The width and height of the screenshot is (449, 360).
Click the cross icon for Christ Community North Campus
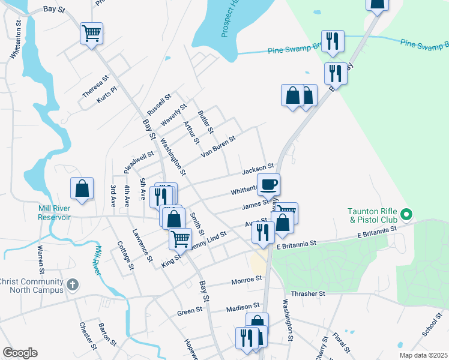(72, 285)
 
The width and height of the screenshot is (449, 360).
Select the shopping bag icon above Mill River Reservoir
(82, 188)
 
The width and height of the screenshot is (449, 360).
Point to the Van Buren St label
(218, 144)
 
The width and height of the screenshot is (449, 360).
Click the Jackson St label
(258, 169)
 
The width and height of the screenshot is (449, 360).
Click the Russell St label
(159, 104)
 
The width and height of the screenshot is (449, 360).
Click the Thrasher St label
(307, 293)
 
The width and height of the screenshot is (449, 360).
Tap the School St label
(432, 324)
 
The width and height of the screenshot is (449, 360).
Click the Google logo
(20, 353)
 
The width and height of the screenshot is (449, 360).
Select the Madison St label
(243, 308)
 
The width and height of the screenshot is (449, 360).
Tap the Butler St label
(205, 122)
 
